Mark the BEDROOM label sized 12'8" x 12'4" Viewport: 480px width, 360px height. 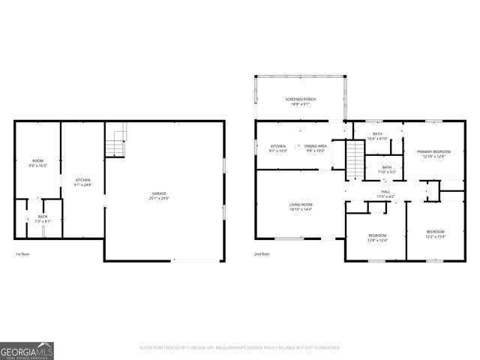(376, 238)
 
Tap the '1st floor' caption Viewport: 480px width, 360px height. (23, 254)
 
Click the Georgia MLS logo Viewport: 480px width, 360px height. (27, 349)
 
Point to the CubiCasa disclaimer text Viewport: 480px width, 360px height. (240, 347)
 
